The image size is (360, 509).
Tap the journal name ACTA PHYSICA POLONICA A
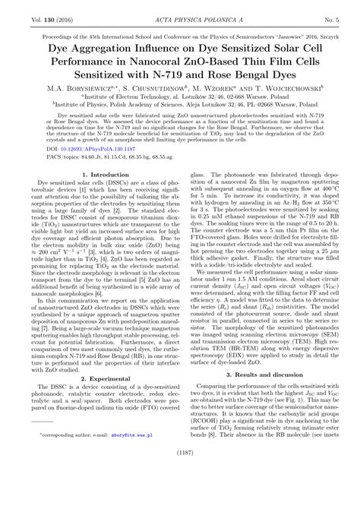pos(180,9)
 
